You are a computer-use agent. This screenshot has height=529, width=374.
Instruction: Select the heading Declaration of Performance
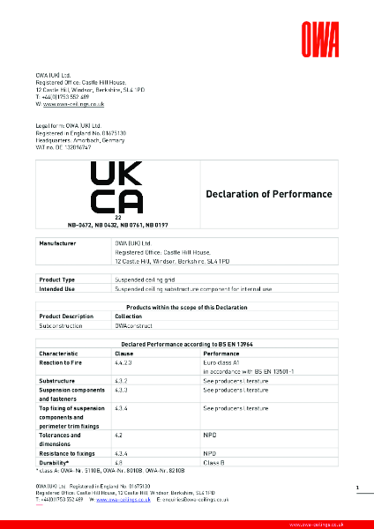click(x=268, y=194)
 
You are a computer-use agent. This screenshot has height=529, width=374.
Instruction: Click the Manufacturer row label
click(x=60, y=242)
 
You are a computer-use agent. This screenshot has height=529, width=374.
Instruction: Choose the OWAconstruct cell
click(x=131, y=324)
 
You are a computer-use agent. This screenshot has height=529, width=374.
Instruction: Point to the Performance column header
click(x=221, y=352)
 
